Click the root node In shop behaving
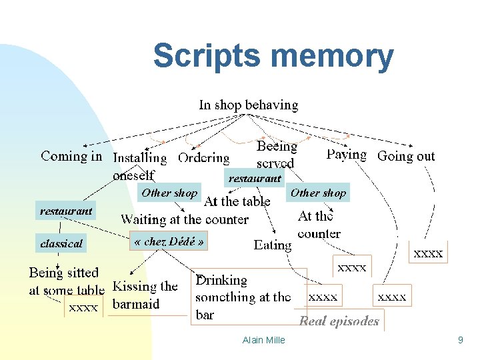click(x=249, y=105)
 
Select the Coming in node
click(x=71, y=156)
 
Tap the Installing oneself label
click(x=139, y=166)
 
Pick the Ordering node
click(x=203, y=158)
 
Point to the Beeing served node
click(x=276, y=154)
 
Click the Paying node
click(x=346, y=155)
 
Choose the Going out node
click(x=405, y=156)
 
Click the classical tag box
click(x=61, y=243)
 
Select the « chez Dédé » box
click(x=169, y=241)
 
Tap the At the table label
click(x=237, y=201)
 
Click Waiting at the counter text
click(x=185, y=219)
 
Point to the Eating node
click(x=273, y=245)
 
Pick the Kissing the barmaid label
click(x=145, y=295)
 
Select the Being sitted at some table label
click(x=66, y=281)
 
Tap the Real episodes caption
click(x=339, y=321)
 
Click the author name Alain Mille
click(x=264, y=340)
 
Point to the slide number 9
click(x=460, y=340)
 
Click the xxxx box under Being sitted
click(x=84, y=307)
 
